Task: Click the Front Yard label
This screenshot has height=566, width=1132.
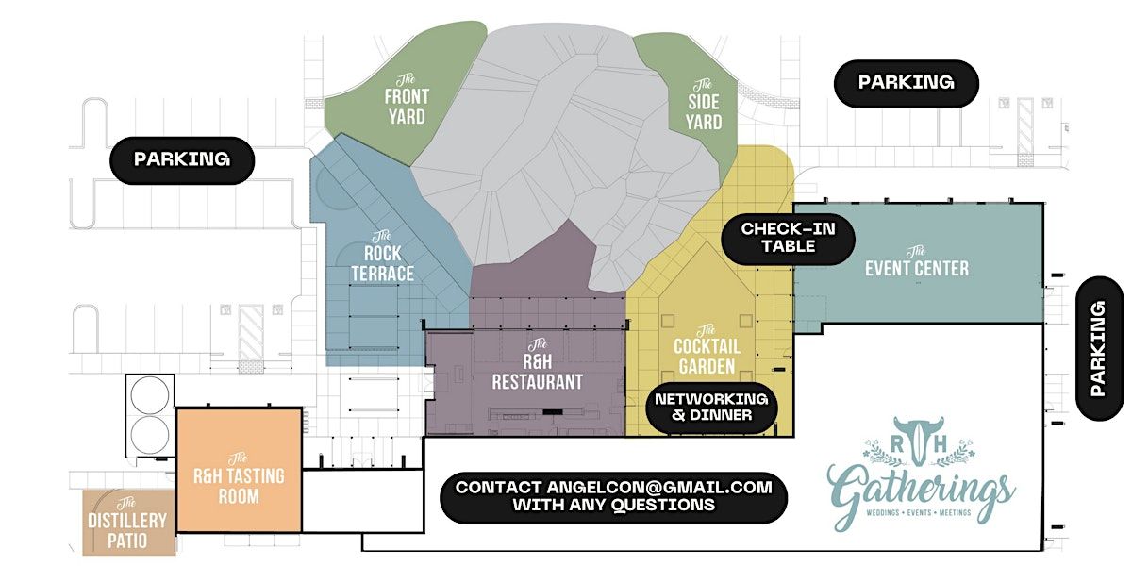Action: (407, 100)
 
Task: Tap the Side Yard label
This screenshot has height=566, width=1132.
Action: (704, 105)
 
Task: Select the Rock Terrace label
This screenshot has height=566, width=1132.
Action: (383, 257)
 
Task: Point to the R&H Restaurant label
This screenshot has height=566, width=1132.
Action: (537, 365)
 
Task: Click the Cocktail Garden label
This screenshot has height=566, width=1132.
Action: (707, 350)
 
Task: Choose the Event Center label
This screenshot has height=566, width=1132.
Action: (917, 262)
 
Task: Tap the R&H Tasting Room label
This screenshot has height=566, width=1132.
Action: (239, 478)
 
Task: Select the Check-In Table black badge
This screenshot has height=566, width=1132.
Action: (788, 238)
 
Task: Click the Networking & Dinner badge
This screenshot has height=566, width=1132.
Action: (711, 407)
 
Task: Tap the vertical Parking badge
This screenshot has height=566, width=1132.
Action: (1099, 348)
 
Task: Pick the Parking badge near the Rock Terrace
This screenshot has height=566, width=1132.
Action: (182, 159)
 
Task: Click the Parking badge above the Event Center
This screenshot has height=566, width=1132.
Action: (907, 83)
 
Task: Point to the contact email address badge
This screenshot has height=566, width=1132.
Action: (613, 497)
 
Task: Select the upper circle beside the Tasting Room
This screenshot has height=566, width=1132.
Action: (150, 394)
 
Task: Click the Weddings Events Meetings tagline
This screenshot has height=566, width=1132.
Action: (919, 512)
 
